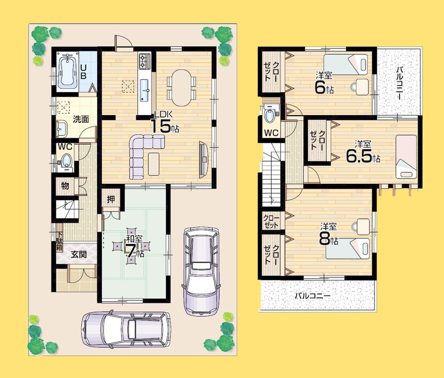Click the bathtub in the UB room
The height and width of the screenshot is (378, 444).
pyautogui.click(x=68, y=71)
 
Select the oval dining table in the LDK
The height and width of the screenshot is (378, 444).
pyautogui.click(x=181, y=84)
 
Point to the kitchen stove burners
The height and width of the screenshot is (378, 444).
pyautogui.click(x=145, y=61)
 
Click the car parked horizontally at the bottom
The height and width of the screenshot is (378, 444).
pyautogui.click(x=126, y=330)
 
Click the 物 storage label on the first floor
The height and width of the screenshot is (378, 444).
pyautogui.click(x=65, y=186)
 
